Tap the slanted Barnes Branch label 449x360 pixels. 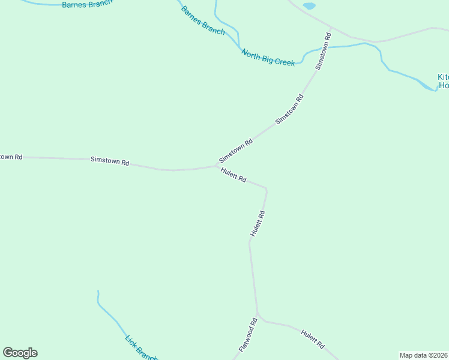pyautogui.click(x=203, y=21)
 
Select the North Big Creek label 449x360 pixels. pyautogui.click(x=268, y=58)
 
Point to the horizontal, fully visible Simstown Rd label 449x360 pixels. pyautogui.click(x=110, y=161)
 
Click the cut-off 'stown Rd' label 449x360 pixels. pyautogui.click(x=11, y=157)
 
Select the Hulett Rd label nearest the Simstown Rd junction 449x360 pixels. pyautogui.click(x=234, y=176)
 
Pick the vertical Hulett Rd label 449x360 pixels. pyautogui.click(x=258, y=223)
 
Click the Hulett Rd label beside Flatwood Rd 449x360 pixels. pyautogui.click(x=313, y=340)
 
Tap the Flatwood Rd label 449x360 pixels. pyautogui.click(x=248, y=335)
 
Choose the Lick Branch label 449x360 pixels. pyautogui.click(x=140, y=348)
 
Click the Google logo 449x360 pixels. pyautogui.click(x=20, y=353)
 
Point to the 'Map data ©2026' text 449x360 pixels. pyautogui.click(x=423, y=355)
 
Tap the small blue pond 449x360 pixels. pyautogui.click(x=309, y=6)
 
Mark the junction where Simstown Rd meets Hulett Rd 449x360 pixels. pyautogui.click(x=217, y=166)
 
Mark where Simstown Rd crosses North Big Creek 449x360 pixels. pyautogui.click(x=329, y=46)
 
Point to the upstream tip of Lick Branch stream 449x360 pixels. pyautogui.click(x=98, y=292)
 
